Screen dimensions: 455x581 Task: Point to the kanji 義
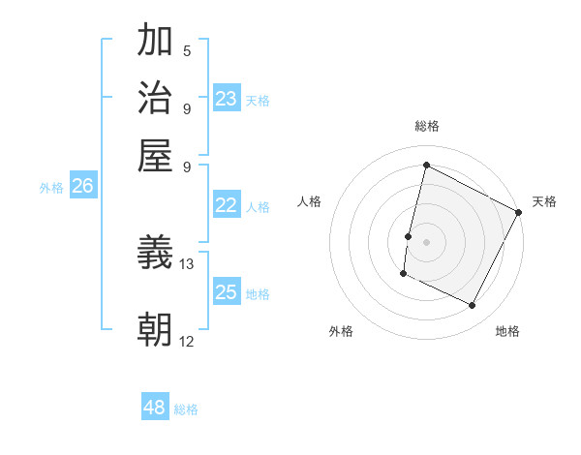click(155, 254)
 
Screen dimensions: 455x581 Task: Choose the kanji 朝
click(155, 330)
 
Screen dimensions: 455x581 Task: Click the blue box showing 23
click(226, 99)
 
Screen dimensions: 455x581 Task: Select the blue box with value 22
click(226, 205)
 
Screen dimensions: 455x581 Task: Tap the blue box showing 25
click(226, 292)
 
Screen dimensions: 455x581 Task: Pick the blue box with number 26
click(82, 187)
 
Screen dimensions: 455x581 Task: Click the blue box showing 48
click(155, 408)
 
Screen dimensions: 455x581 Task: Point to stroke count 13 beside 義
click(187, 263)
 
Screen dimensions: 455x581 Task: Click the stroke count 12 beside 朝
click(187, 341)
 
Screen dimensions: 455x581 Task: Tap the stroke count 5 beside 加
click(187, 51)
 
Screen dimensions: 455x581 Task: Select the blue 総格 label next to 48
click(186, 409)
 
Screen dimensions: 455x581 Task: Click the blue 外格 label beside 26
click(51, 189)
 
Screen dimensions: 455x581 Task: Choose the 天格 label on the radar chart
click(544, 201)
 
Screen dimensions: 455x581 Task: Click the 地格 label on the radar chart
click(507, 331)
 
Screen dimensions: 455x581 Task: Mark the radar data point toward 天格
click(518, 212)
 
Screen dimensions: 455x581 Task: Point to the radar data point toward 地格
click(473, 306)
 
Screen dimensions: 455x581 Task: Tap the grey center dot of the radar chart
click(426, 241)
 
